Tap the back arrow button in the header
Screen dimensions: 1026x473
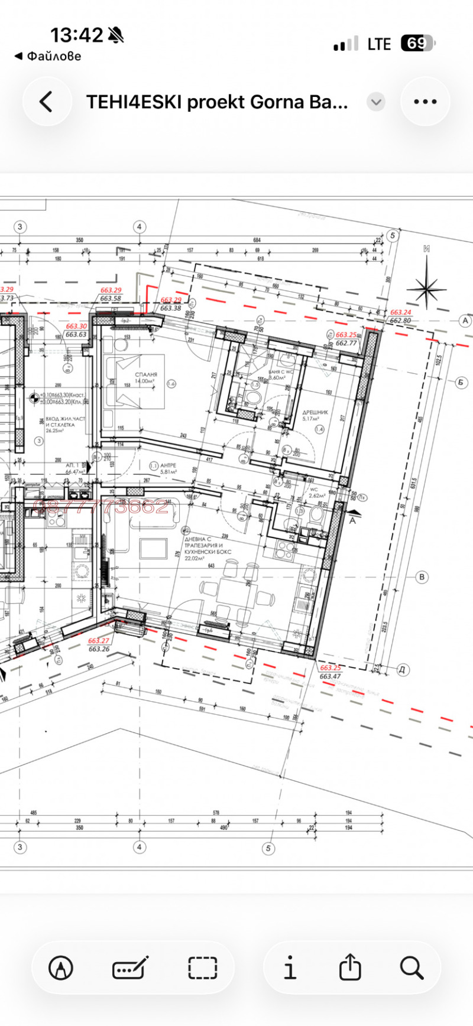[x=46, y=102]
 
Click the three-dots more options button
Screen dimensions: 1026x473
[x=425, y=102]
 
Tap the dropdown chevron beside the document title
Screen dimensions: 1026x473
[x=375, y=102]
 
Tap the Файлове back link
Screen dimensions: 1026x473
[x=48, y=57]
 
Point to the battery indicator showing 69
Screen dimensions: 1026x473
[x=417, y=44]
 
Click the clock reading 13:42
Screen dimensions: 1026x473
[x=77, y=35]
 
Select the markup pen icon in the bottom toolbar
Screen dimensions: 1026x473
[x=61, y=968]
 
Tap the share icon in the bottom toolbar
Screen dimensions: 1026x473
[x=349, y=968]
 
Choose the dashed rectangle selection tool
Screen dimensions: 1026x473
[x=203, y=968]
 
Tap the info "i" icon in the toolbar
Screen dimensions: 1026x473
[x=290, y=968]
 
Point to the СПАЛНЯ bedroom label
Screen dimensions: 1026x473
[x=146, y=374]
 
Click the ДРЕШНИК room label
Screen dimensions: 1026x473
[x=315, y=413]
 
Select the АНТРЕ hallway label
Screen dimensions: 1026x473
[x=169, y=465]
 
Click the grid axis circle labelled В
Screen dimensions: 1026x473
[x=422, y=577]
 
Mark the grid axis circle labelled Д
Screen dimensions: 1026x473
[x=402, y=669]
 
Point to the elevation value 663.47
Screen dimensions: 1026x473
[x=330, y=676]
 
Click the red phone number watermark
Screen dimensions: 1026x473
[x=101, y=506]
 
